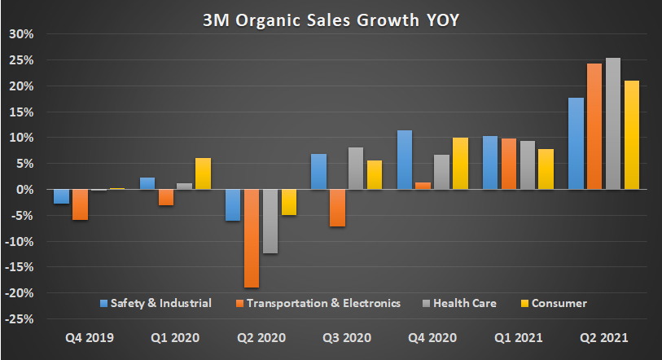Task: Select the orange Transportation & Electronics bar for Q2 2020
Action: pos(251,238)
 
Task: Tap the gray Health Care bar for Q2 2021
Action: pos(612,123)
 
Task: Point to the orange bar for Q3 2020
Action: pos(336,208)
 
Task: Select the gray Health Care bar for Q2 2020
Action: pos(270,221)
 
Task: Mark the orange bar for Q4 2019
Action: pos(80,204)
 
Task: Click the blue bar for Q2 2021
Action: pos(577,143)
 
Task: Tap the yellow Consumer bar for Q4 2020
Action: pos(459,163)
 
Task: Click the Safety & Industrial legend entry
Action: pos(156,303)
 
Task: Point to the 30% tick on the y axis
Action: pos(21,34)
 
